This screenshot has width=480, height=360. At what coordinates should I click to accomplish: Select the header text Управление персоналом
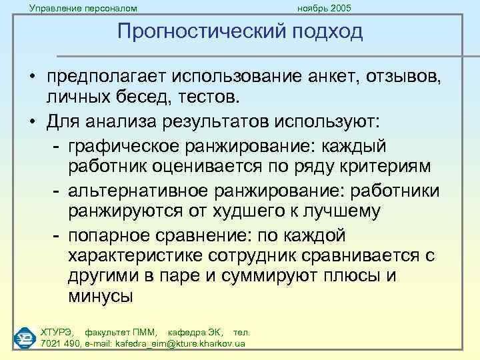[x=83, y=8]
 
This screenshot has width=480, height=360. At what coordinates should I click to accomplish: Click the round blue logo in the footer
[x=25, y=337]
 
